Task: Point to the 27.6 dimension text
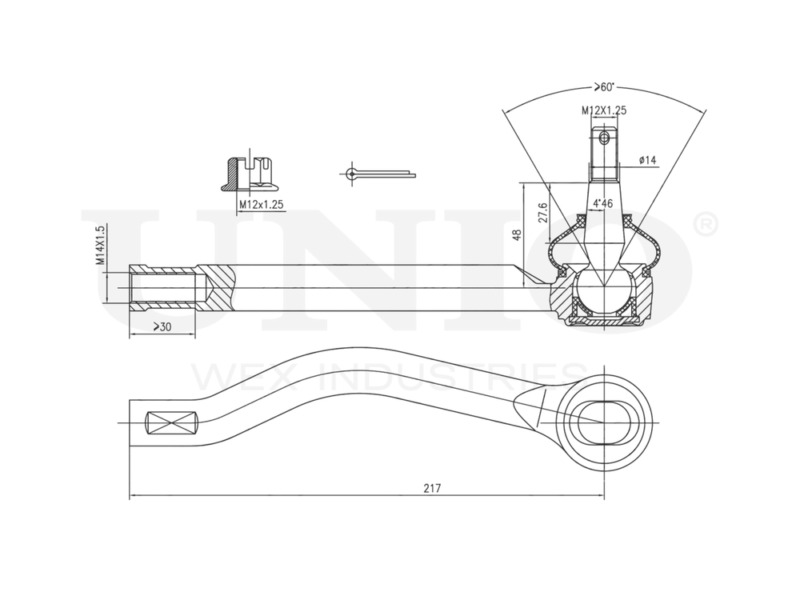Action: [542, 213]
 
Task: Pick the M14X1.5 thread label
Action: [101, 246]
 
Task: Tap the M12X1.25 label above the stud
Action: [604, 110]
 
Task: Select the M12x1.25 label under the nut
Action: [261, 205]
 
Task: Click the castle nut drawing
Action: [249, 172]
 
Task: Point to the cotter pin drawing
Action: [376, 172]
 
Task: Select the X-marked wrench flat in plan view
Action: [171, 422]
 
